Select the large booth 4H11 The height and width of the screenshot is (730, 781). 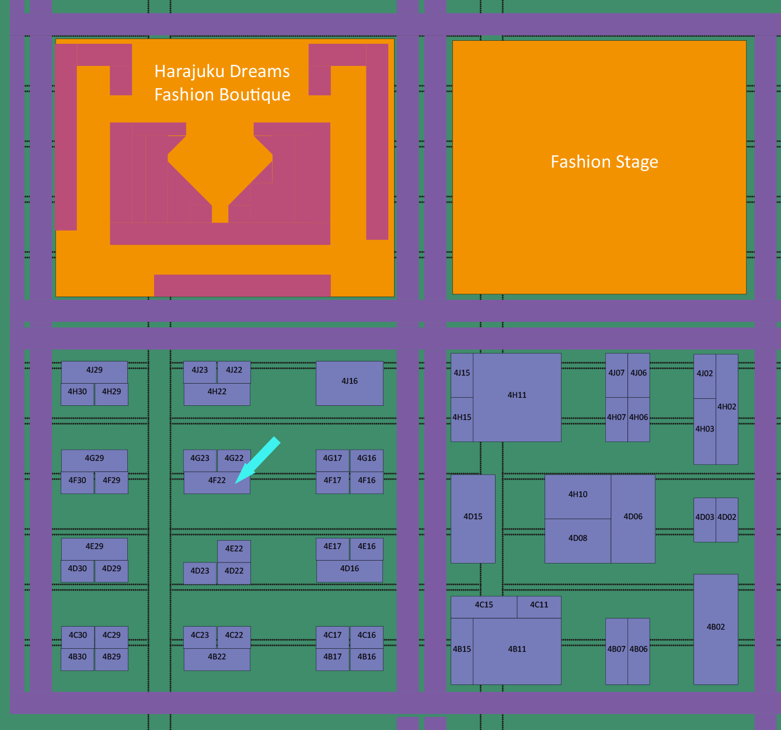[x=517, y=397]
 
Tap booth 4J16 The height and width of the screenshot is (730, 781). [x=349, y=383]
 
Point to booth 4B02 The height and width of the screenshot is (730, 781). [x=716, y=629]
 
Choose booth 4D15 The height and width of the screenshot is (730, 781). [x=473, y=519]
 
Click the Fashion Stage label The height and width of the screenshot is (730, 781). [x=604, y=162]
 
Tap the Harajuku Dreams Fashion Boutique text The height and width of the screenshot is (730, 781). [x=222, y=83]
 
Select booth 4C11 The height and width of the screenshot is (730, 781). [x=539, y=607]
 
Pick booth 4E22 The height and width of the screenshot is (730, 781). [x=234, y=550]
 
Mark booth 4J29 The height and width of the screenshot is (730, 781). [x=94, y=371]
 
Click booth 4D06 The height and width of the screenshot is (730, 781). [x=633, y=519]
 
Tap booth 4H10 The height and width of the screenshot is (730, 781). [x=578, y=496]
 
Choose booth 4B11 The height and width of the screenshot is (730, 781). [x=517, y=651]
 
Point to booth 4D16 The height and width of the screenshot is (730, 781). [x=349, y=571]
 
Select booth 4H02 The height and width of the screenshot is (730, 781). [x=727, y=409]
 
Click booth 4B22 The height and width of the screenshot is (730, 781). [x=217, y=659]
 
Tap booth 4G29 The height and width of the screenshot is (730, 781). [x=94, y=460]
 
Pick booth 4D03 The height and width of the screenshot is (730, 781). [x=705, y=519]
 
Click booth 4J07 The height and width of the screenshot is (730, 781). [x=616, y=375]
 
